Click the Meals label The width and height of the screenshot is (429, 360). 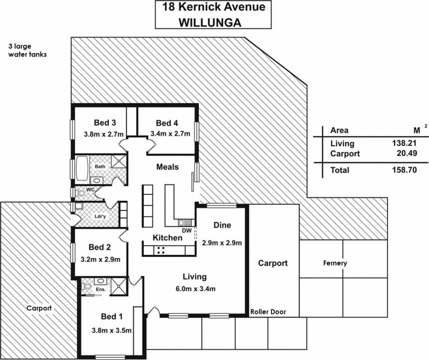[x=167, y=167]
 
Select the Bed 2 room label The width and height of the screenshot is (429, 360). [x=99, y=247]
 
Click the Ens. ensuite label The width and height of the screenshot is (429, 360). [x=100, y=290]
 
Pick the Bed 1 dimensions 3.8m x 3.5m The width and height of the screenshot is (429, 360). [x=112, y=330]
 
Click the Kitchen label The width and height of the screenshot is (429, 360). [x=168, y=237]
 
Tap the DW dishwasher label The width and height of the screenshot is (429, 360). [x=187, y=230]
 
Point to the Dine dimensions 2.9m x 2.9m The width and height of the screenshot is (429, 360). [x=222, y=243]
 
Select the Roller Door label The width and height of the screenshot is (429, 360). [x=268, y=312]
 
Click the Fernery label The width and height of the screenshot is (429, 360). [x=335, y=263]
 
